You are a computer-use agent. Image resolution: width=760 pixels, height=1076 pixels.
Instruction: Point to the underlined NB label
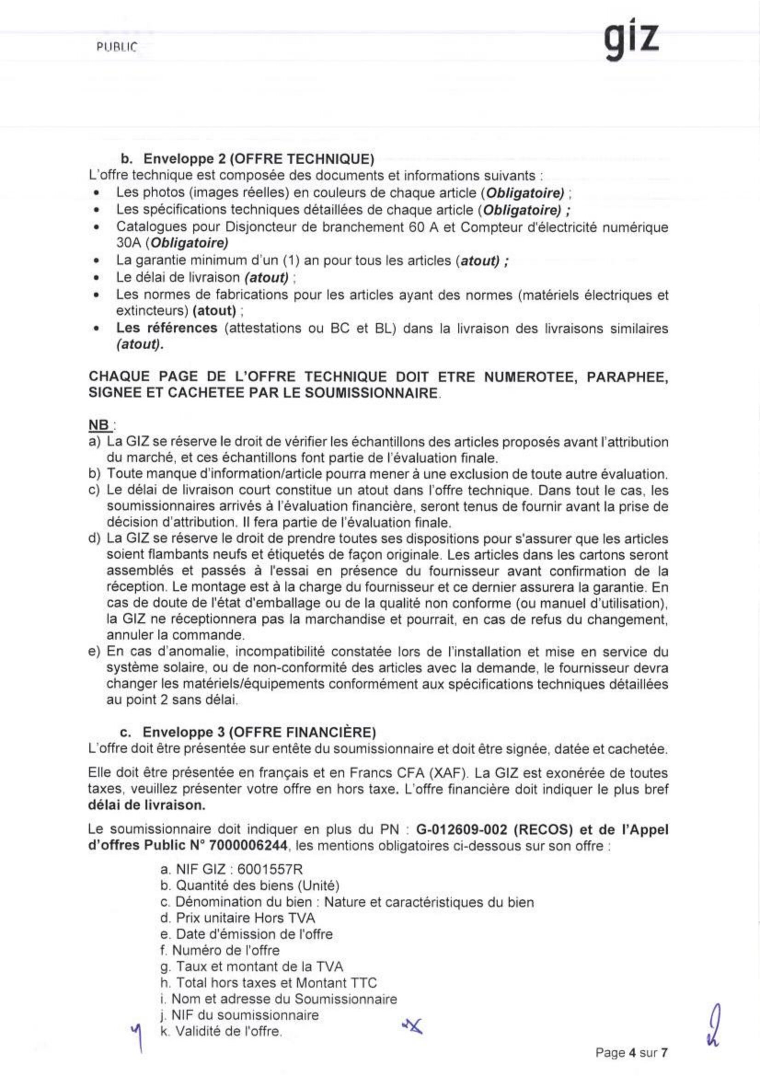99,425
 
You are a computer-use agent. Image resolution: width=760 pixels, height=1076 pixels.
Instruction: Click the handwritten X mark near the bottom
412,1026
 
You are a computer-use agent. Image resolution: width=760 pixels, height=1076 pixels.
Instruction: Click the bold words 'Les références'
167,328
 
